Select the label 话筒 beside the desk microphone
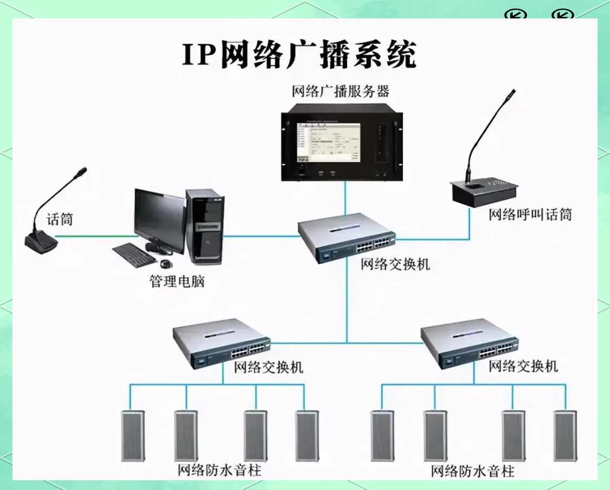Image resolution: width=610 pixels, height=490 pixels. pos(60,220)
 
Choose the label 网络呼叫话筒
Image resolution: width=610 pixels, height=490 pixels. pos(530,215)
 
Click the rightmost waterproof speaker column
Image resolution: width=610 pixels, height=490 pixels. pos(565,436)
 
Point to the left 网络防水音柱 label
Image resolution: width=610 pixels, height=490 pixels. pos(219,469)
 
